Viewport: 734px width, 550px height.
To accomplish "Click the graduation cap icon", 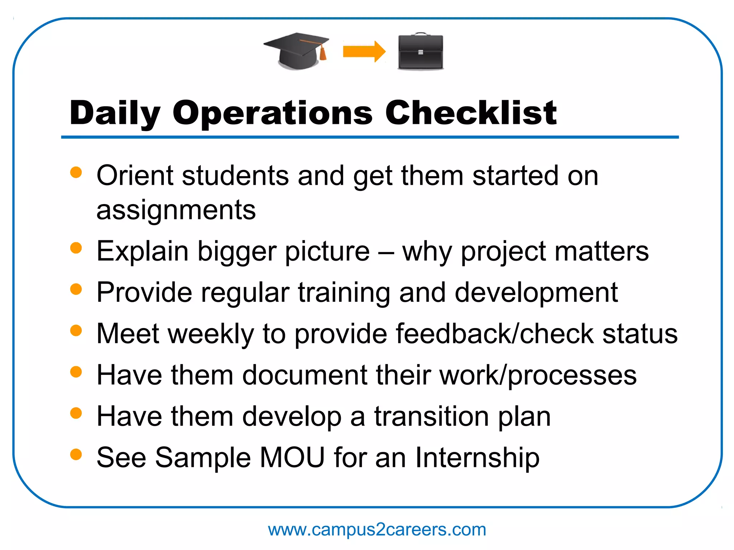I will point(296,50).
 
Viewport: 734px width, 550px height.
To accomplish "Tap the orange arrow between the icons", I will point(363,52).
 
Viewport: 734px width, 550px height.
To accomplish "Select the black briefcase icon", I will point(420,52).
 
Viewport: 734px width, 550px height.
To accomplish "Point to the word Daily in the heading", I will point(115,114).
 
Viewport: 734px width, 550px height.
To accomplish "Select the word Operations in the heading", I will point(272,114).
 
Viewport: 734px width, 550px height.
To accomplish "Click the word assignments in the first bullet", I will point(176,211).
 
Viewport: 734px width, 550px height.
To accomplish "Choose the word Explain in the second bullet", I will point(142,251).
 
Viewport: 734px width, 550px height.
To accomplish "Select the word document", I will point(305,375).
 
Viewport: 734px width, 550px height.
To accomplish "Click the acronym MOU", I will point(292,458).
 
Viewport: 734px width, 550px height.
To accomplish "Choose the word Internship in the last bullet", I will point(477,458).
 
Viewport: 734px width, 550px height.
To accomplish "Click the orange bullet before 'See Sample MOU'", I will point(76,454).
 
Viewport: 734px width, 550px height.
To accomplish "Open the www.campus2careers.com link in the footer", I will point(377,530).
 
